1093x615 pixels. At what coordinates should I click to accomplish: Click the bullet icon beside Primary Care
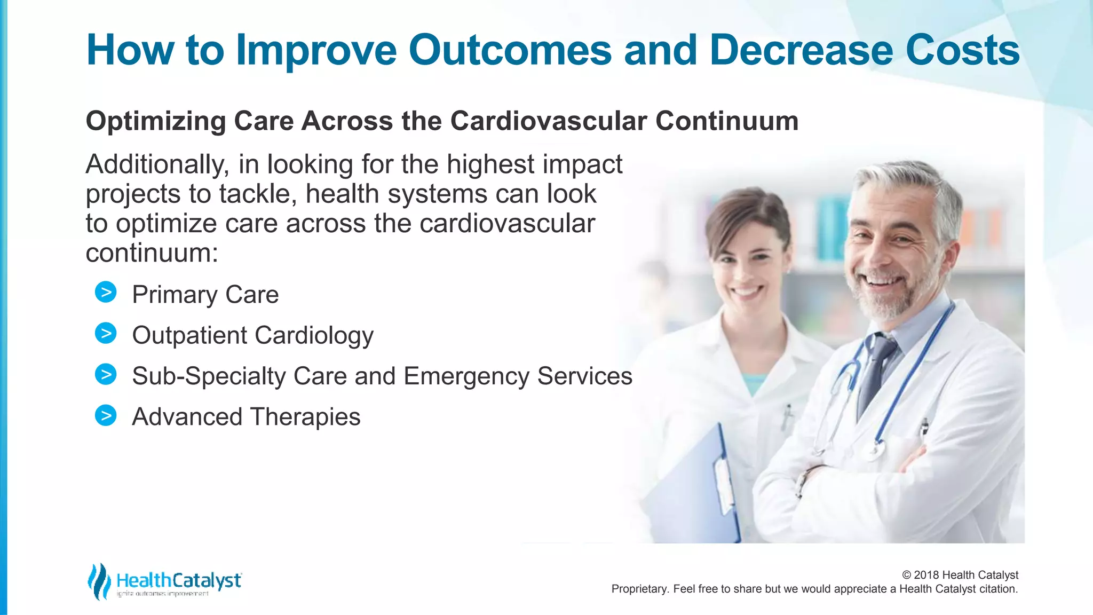point(106,293)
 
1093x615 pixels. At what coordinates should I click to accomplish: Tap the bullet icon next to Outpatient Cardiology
point(106,334)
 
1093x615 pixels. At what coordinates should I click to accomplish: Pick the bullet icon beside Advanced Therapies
point(106,415)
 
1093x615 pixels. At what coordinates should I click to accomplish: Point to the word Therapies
point(305,417)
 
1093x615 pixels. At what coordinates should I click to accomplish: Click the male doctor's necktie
point(878,368)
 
